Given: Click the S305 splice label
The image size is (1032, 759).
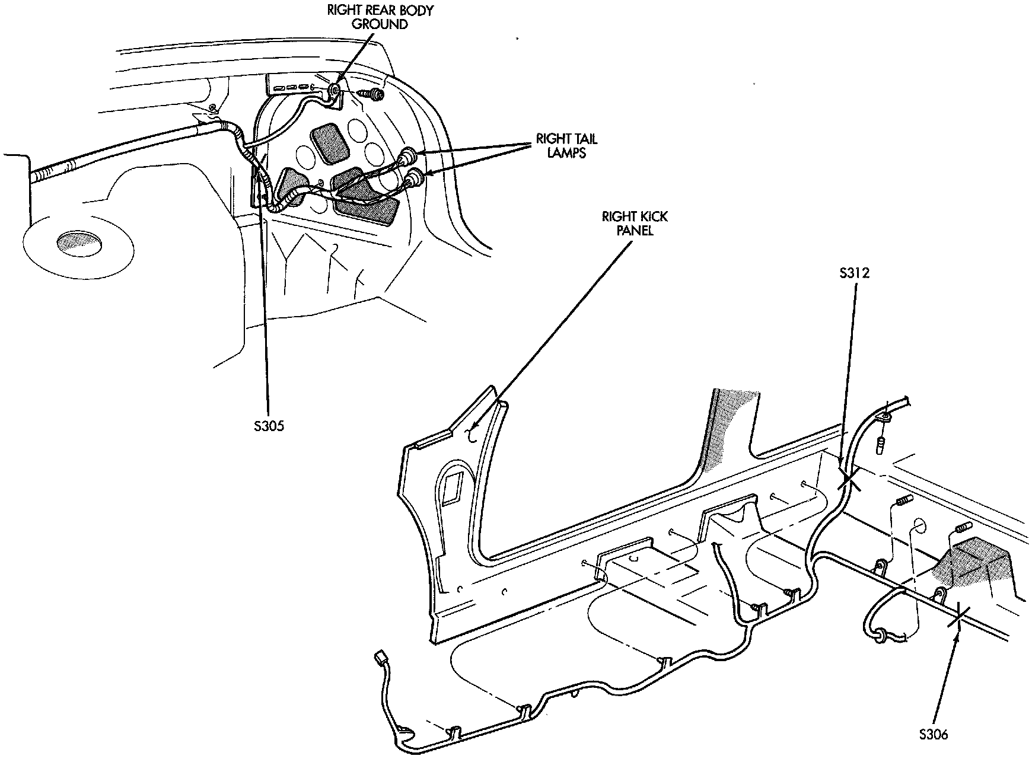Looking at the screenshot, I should [x=268, y=426].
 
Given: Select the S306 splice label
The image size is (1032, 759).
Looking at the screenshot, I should [x=934, y=734].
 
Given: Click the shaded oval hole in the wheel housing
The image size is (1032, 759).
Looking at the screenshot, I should [x=78, y=244].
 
